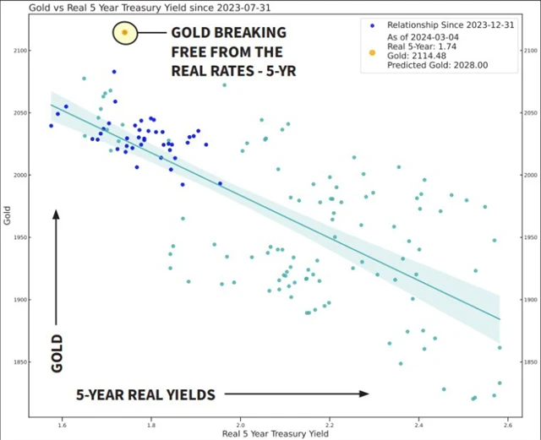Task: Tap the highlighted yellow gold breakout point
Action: click(x=124, y=33)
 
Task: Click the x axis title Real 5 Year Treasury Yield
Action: click(x=276, y=434)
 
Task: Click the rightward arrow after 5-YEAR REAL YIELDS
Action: click(x=296, y=394)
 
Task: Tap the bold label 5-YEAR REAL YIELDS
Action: click(x=145, y=394)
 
